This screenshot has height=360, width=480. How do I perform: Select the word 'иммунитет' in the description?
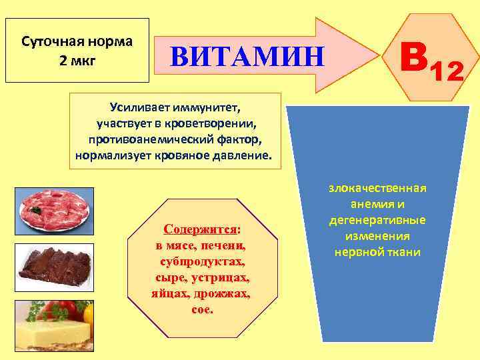pos(207,108)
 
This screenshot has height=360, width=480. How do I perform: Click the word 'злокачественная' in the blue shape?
pos(377,189)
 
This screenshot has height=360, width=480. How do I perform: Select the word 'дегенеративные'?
pos(377,221)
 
